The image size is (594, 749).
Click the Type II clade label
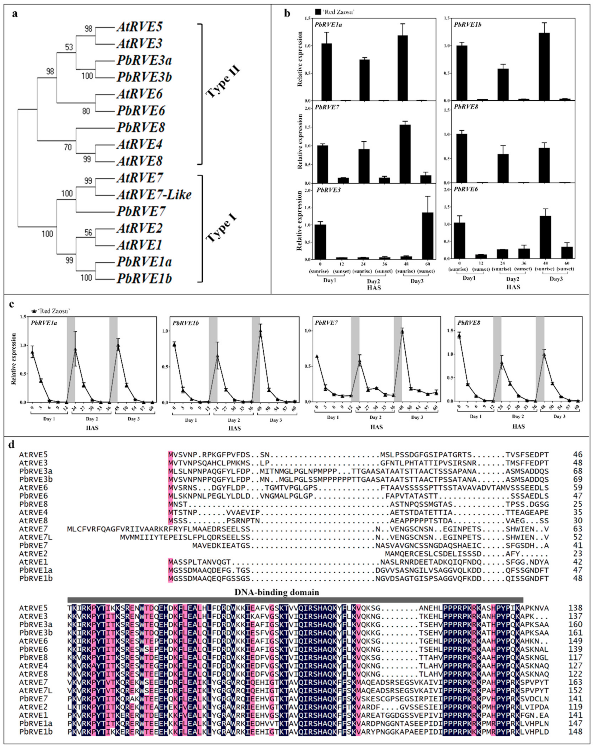click(223, 82)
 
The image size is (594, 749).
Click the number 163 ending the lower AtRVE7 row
click(575, 682)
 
